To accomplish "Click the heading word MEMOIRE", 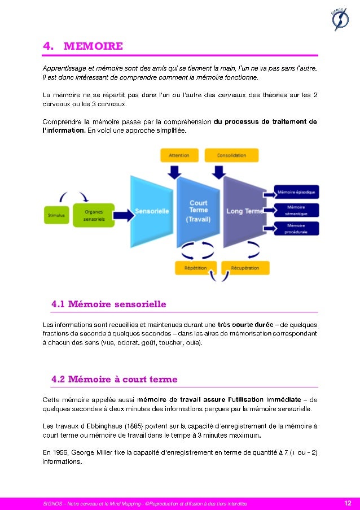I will (93, 46).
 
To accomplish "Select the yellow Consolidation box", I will (231, 155).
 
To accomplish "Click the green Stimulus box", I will (56, 215).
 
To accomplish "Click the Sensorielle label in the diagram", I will (151, 211).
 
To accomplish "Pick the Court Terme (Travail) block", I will (198, 211).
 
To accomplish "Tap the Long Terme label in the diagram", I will (244, 211).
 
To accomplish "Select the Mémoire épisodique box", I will (297, 192).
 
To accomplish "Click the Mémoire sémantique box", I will (297, 211).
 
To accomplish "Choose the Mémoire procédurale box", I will (297, 229).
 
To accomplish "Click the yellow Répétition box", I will (195, 268).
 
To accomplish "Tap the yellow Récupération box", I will (245, 268).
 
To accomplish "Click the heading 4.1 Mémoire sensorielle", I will (108, 304).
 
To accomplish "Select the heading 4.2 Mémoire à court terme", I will (114, 380).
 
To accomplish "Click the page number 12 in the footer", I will (348, 503).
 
